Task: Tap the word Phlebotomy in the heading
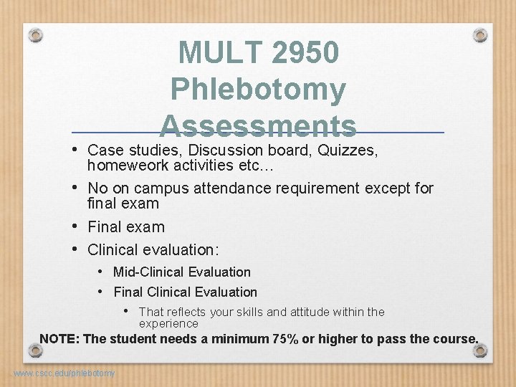(x=259, y=90)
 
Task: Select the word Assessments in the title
(x=259, y=125)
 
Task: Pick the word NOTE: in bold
(x=59, y=339)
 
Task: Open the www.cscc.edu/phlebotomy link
(x=64, y=373)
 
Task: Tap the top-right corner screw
(x=480, y=34)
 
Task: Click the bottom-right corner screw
(x=480, y=350)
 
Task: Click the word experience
(x=168, y=324)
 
